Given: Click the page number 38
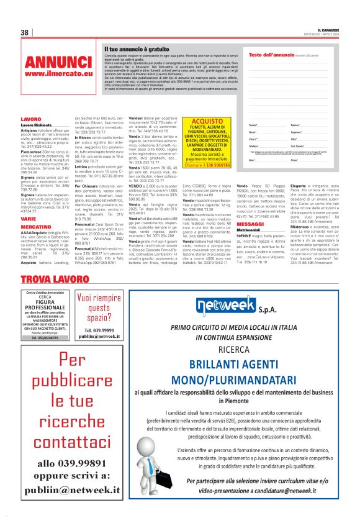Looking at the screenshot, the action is tap(25, 32).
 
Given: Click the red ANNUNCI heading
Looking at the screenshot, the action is tap(58, 62).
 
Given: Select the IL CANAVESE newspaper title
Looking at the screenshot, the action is tap(322, 29).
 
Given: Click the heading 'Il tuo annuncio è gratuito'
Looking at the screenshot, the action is tap(137, 48).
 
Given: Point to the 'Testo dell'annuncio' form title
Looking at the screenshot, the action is tap(276, 55).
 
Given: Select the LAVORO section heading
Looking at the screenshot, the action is tap(30, 118).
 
